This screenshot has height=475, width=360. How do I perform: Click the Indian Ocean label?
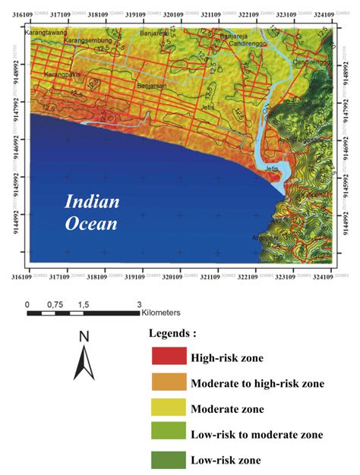(x=91, y=212)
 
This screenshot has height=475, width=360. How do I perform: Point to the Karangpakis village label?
(x=63, y=75)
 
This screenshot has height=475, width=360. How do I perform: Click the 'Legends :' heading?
(x=173, y=333)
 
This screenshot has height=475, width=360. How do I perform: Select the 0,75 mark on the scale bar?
(x=55, y=304)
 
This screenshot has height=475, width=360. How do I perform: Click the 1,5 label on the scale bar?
(x=83, y=304)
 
